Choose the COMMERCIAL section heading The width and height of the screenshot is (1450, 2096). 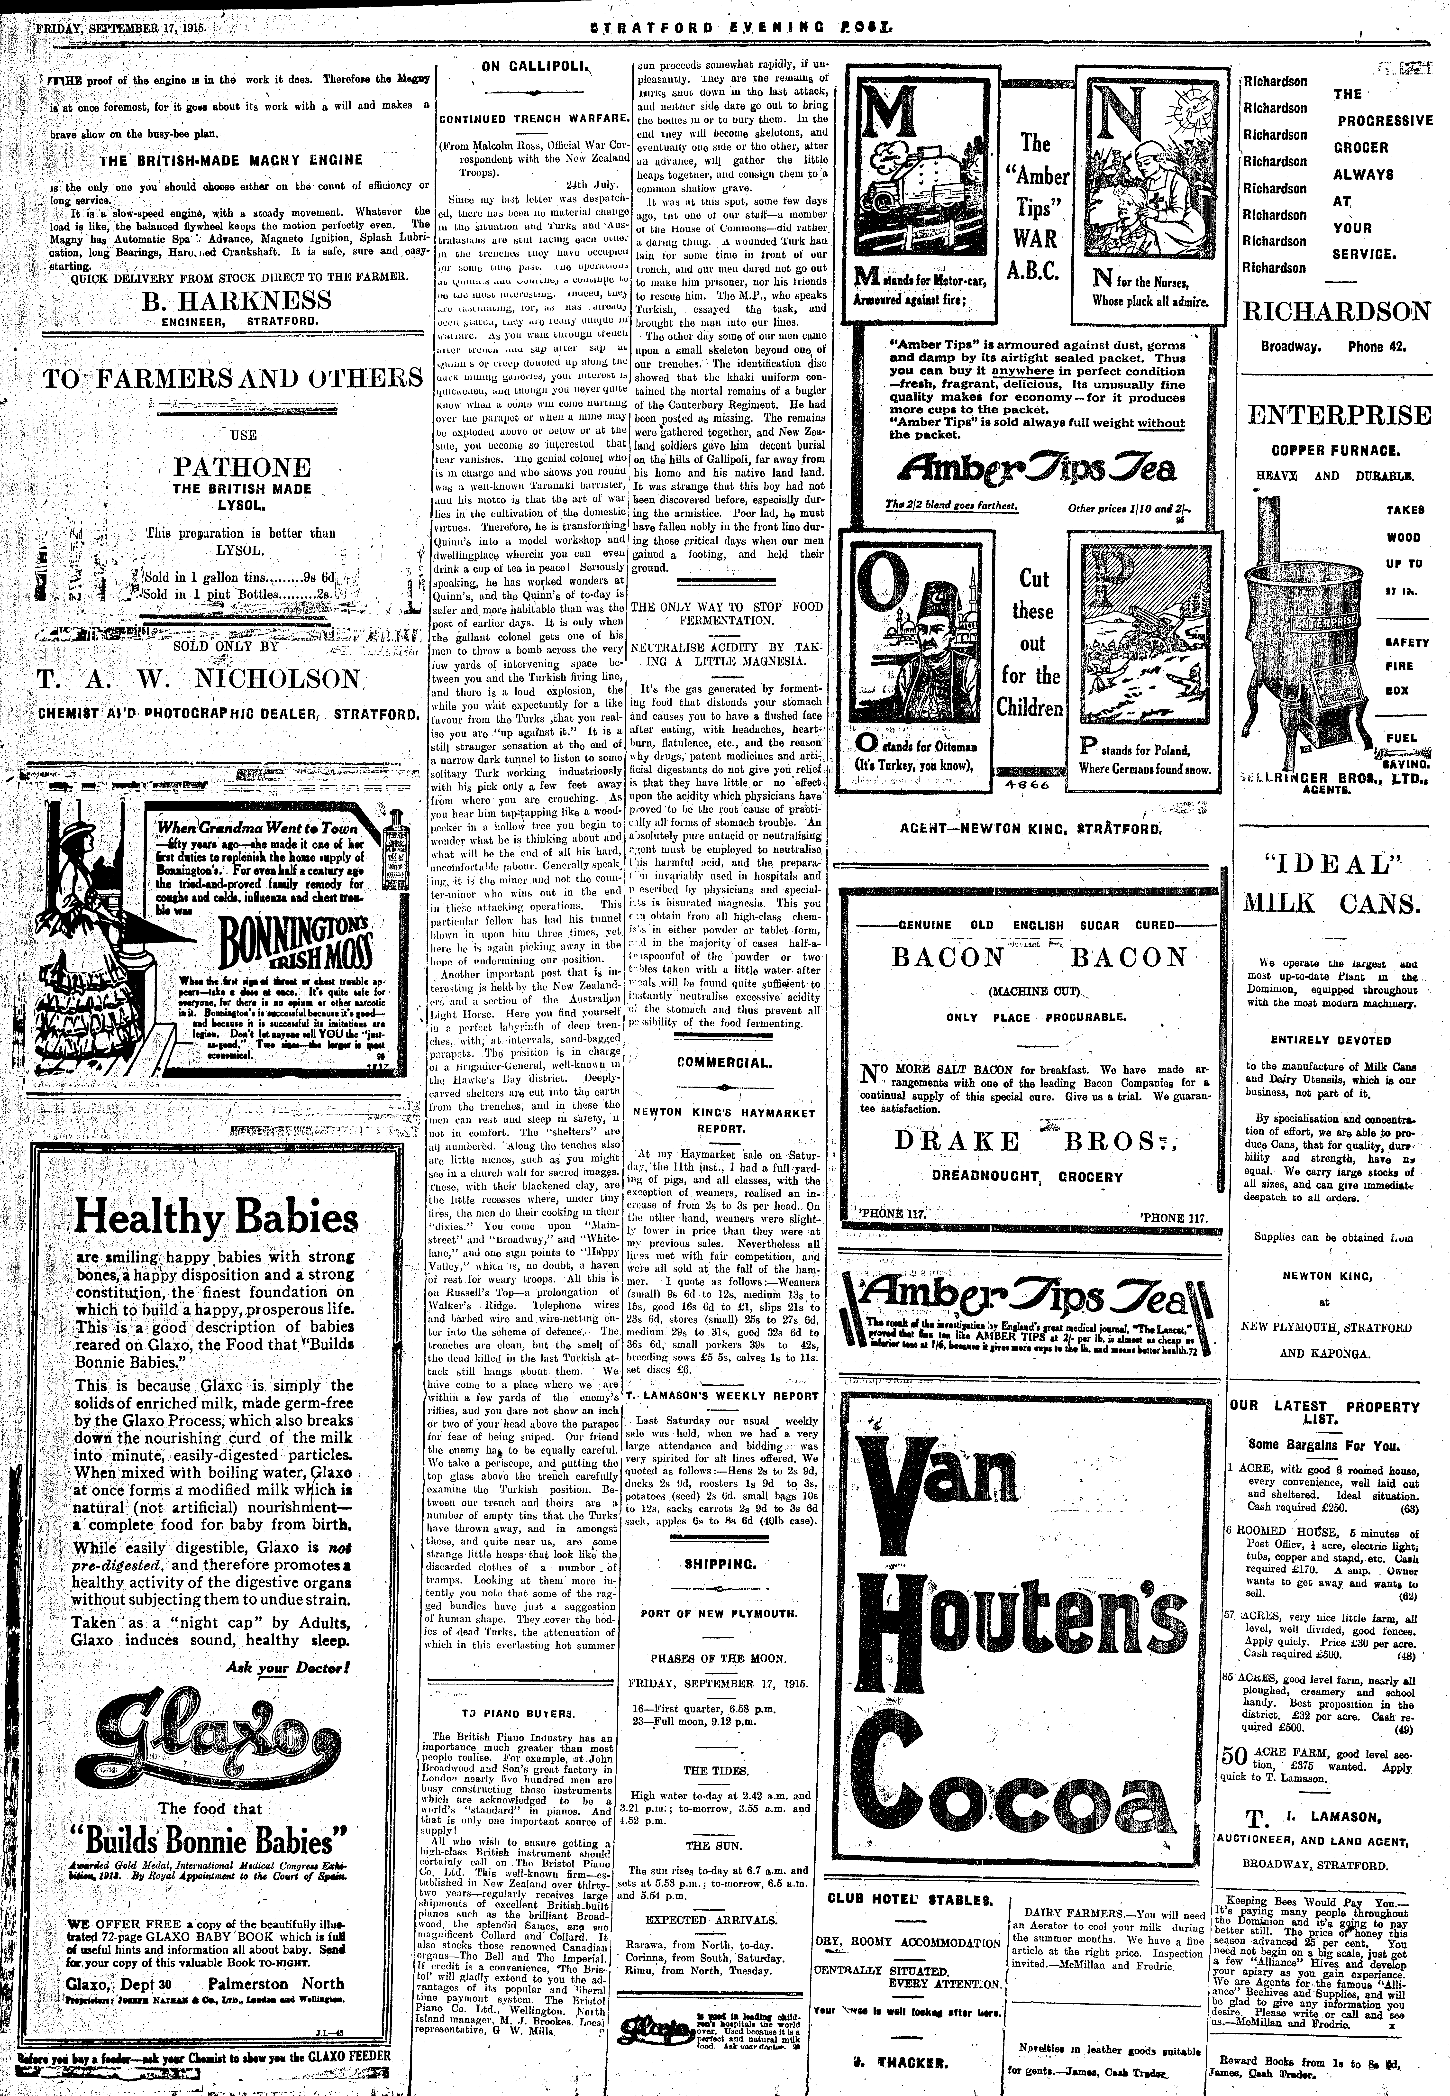[x=724, y=1062]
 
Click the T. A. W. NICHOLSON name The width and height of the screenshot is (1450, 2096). [x=199, y=679]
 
